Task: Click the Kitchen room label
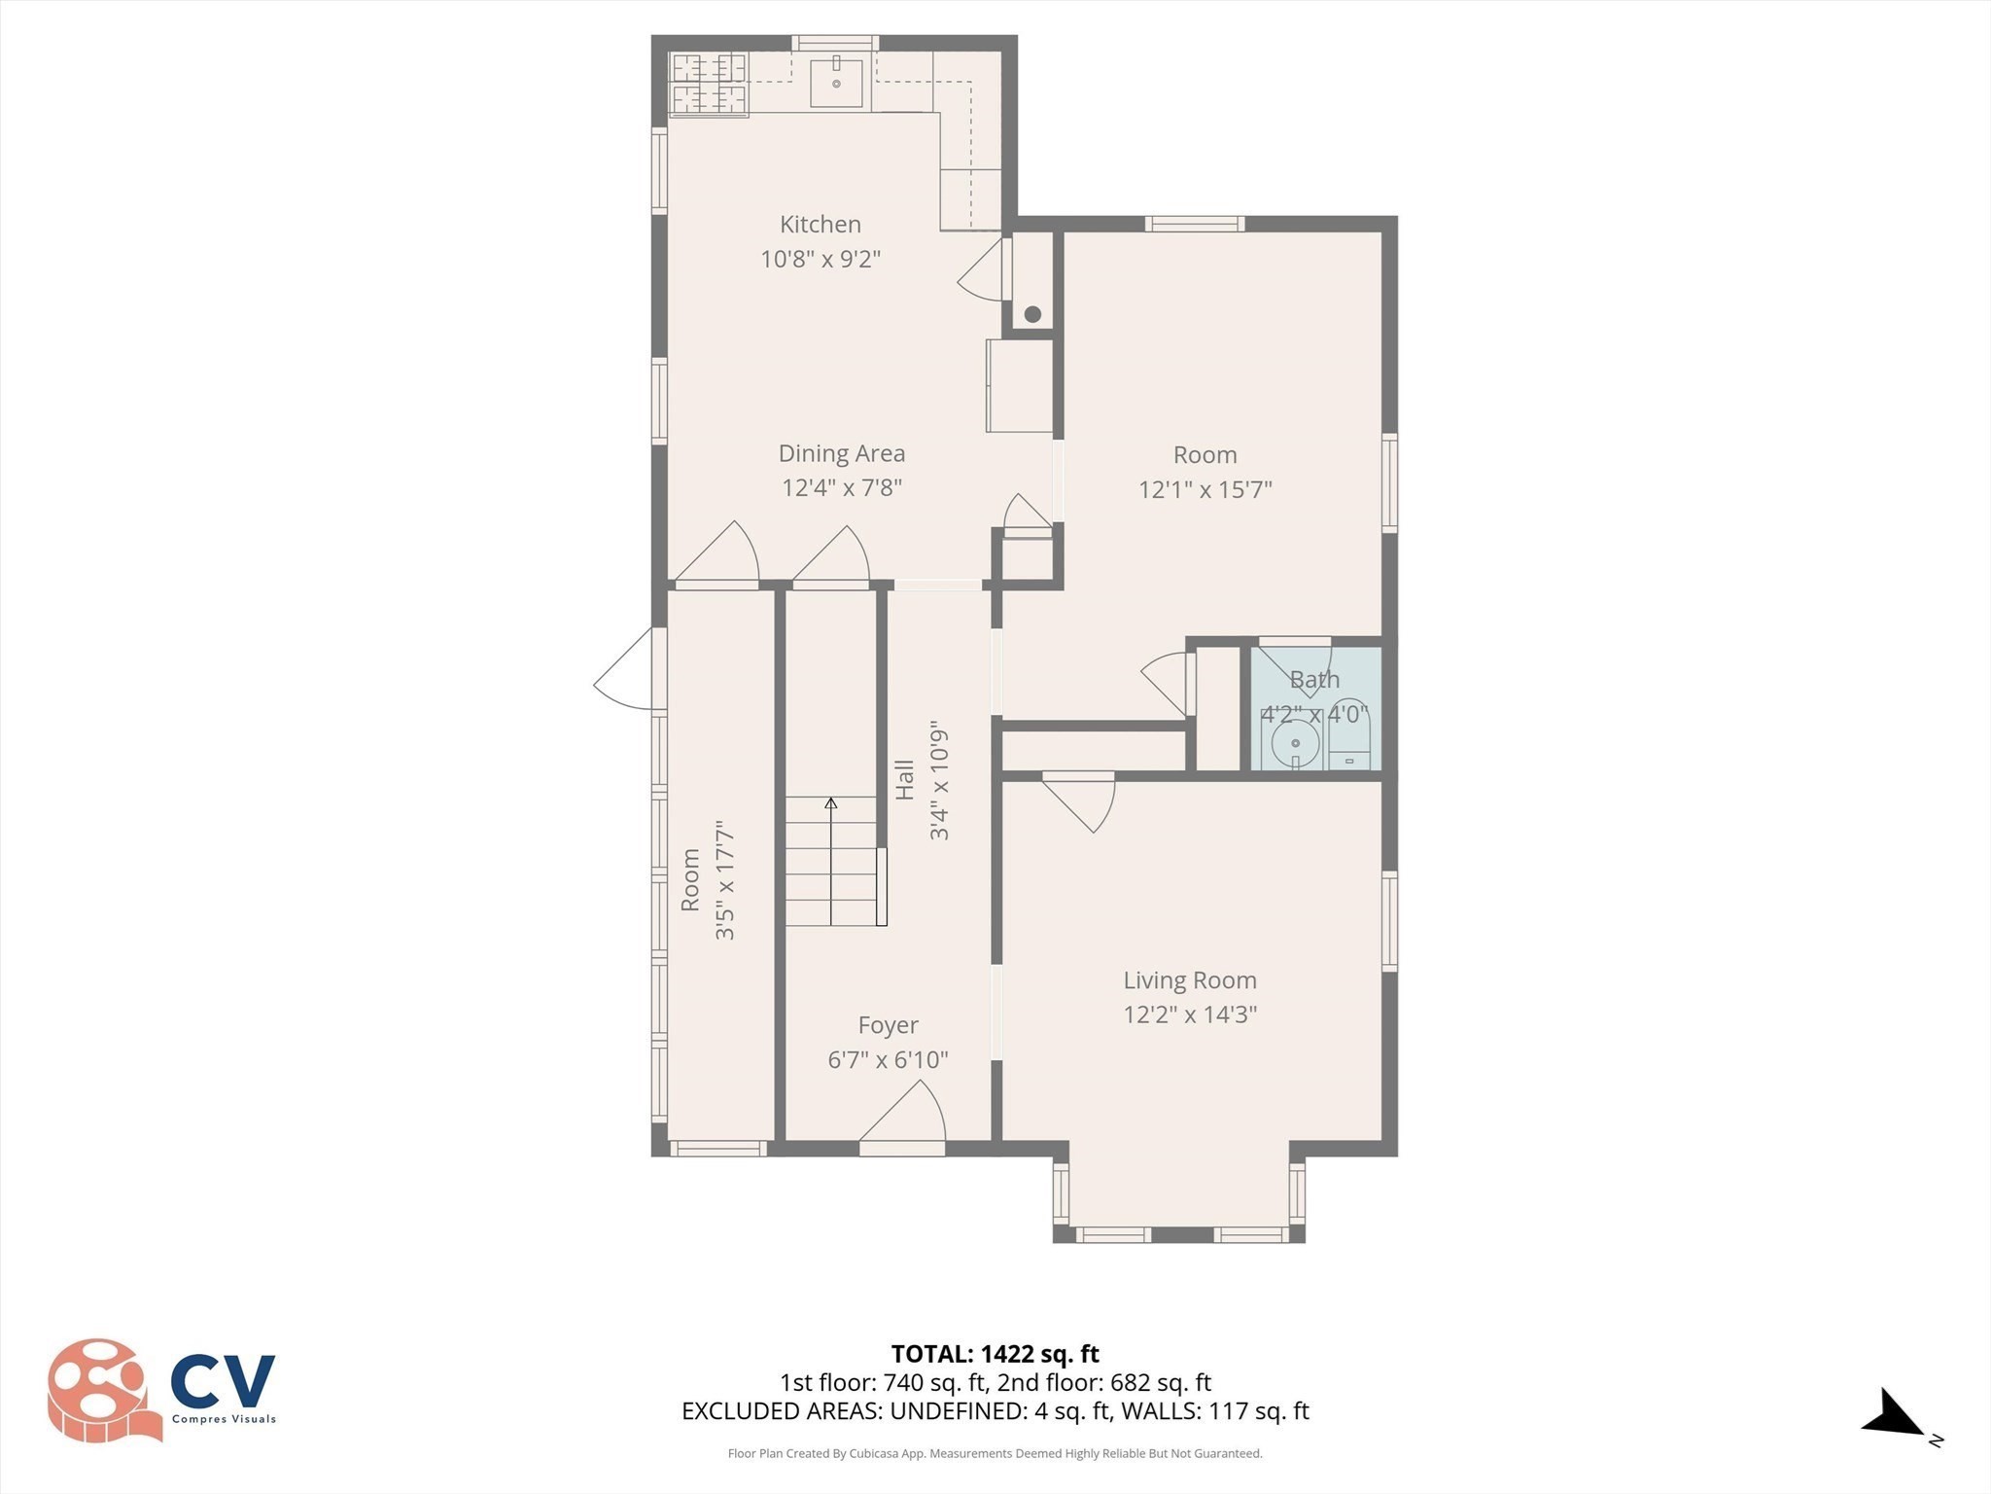(x=821, y=225)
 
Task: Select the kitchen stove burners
(x=709, y=85)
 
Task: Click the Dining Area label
(x=842, y=453)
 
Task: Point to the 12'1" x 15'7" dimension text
(x=1205, y=489)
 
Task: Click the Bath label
(x=1314, y=680)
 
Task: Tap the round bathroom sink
(x=1295, y=744)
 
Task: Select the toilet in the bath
(x=1349, y=734)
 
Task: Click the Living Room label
(x=1190, y=980)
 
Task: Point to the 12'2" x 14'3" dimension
(x=1190, y=1014)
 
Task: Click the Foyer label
(x=888, y=1025)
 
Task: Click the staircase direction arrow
(x=831, y=861)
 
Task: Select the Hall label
(x=905, y=780)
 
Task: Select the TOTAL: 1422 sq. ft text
(x=995, y=1354)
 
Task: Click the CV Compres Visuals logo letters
(x=223, y=1380)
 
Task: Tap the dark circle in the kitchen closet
(x=1032, y=314)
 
